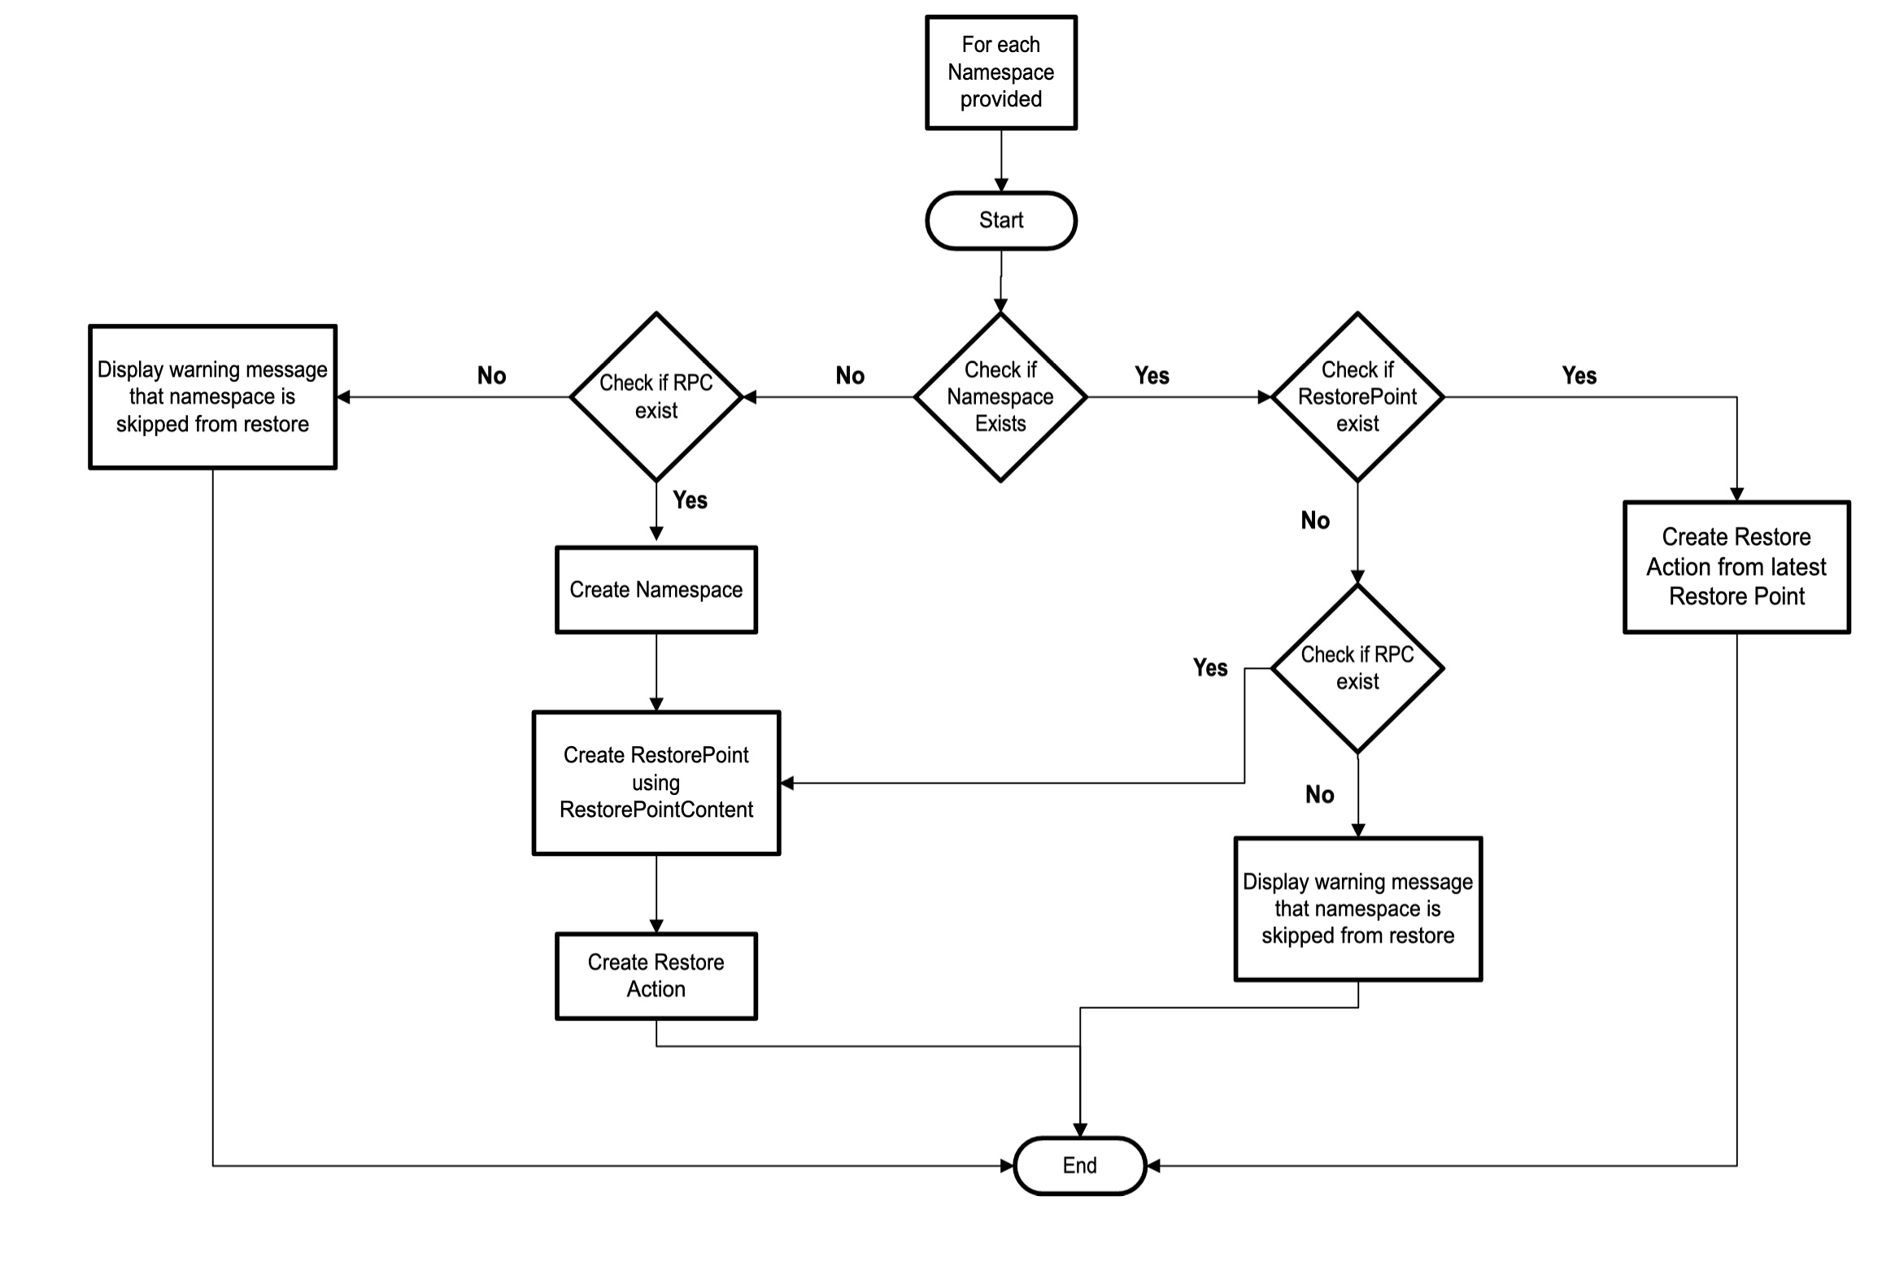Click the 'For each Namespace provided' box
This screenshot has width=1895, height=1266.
[x=1000, y=72]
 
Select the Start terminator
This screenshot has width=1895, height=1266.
[x=1000, y=220]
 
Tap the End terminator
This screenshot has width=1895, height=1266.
[x=1079, y=1165]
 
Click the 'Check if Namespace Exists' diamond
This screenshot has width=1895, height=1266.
[x=1000, y=397]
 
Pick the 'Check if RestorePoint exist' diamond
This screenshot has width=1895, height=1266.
[x=1357, y=397]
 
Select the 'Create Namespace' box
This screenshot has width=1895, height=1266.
[x=656, y=590]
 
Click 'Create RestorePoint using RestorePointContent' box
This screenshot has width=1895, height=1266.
[x=656, y=783]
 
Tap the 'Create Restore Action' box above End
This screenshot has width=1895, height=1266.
[x=656, y=976]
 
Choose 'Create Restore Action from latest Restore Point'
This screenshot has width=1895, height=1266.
[x=1736, y=567]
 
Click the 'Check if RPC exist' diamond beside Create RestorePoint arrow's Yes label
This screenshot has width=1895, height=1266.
[x=1357, y=668]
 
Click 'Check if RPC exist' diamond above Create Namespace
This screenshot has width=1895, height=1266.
[x=656, y=397]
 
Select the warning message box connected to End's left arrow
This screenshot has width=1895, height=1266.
[x=212, y=397]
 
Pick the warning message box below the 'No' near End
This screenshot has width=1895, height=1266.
[x=1357, y=909]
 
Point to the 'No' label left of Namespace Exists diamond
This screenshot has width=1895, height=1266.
[x=850, y=376]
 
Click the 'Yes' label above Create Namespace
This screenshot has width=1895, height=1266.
[x=690, y=500]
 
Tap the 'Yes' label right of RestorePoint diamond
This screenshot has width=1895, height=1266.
[x=1579, y=376]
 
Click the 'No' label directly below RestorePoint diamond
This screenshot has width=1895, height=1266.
[x=1315, y=521]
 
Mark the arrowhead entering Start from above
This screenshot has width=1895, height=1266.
[x=1000, y=186]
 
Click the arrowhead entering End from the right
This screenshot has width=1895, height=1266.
[x=1153, y=1165]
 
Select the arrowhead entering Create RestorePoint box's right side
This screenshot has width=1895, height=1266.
[x=787, y=783]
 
